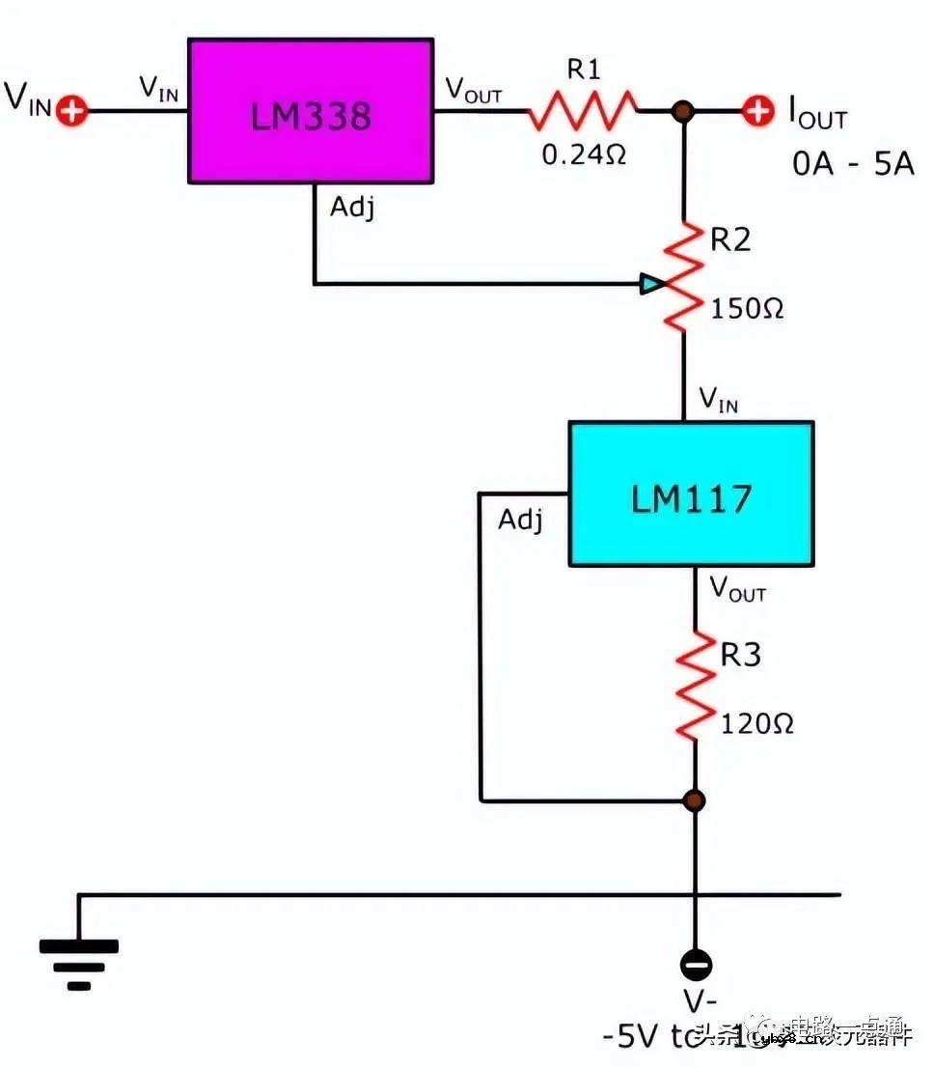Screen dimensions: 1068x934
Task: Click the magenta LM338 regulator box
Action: click(x=310, y=110)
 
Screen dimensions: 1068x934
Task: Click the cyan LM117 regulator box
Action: click(x=691, y=493)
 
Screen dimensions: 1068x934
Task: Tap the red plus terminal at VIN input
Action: click(x=70, y=110)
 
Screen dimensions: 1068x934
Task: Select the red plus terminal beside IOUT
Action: click(x=758, y=110)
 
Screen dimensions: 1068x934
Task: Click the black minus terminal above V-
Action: click(x=695, y=964)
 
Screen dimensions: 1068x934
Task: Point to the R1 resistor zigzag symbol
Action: click(x=583, y=110)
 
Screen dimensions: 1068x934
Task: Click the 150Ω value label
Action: click(x=747, y=310)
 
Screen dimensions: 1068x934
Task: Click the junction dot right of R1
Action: click(x=684, y=111)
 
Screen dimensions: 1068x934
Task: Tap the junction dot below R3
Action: click(x=695, y=801)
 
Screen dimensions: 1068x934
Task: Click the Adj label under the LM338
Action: click(x=351, y=208)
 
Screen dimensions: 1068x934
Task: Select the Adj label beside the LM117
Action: click(x=520, y=520)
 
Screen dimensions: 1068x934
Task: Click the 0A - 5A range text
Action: click(x=853, y=163)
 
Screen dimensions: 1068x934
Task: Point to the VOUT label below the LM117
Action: click(x=737, y=588)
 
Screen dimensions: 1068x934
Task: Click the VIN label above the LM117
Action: click(x=718, y=399)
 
